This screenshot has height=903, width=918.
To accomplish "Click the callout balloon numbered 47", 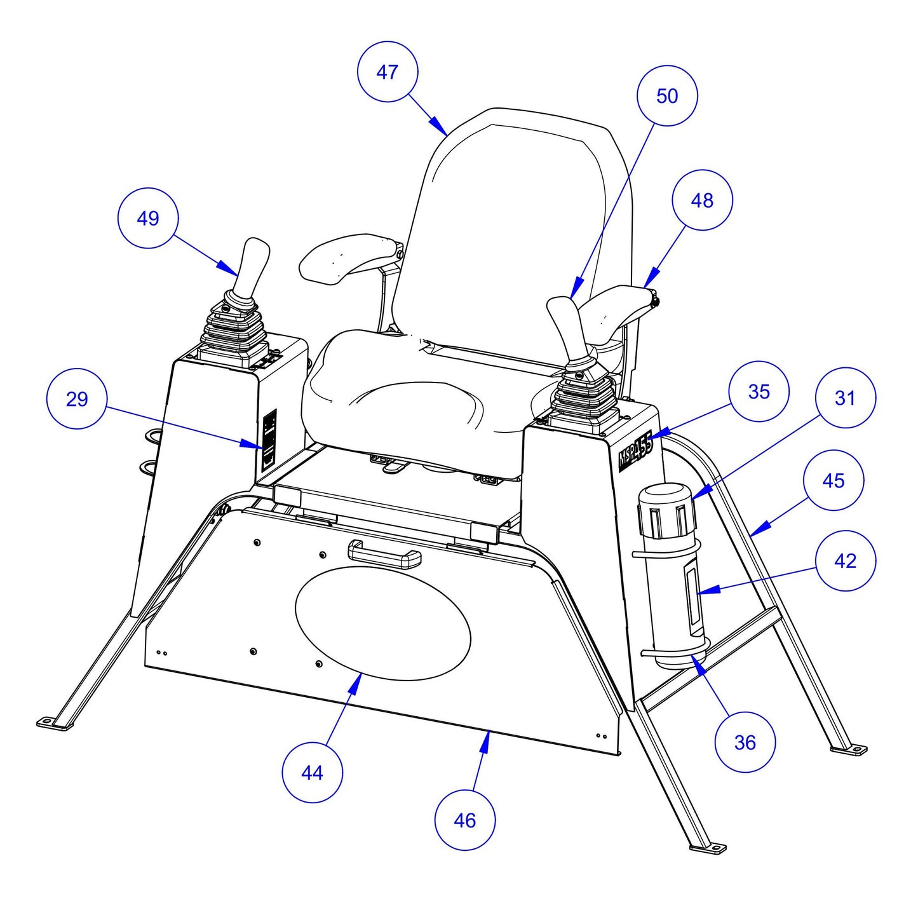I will [x=388, y=72].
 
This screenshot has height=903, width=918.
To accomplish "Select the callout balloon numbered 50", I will [x=667, y=96].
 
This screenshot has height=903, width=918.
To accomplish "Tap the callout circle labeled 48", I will [x=702, y=200].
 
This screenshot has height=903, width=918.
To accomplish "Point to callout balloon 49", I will [x=148, y=218].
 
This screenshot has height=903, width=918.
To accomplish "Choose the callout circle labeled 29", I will [x=77, y=399].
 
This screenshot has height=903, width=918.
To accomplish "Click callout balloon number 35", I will [x=759, y=391].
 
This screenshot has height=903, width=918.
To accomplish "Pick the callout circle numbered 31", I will [x=845, y=398].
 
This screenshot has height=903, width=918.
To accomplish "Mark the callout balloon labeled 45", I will [x=834, y=480].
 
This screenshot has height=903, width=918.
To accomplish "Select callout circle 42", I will [x=846, y=560].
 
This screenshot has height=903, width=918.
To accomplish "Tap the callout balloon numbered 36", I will [x=745, y=742].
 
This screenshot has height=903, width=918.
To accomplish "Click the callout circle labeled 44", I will [x=312, y=773].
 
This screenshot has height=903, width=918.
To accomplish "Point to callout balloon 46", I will [x=465, y=820].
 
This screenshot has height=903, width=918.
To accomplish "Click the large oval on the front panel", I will [x=383, y=623].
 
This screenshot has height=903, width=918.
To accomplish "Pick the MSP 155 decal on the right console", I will [x=635, y=451].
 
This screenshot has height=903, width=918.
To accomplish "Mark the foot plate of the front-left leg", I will [x=51, y=723].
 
